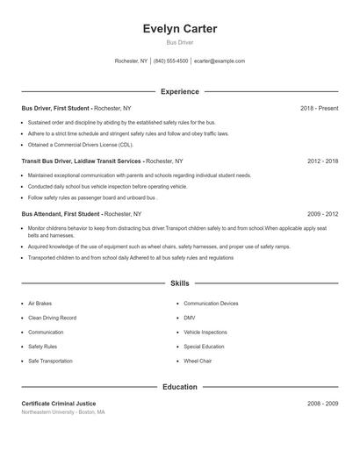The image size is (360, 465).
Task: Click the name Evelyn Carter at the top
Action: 180,29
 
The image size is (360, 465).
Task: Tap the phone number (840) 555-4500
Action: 170,61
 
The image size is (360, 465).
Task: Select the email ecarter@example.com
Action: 219,61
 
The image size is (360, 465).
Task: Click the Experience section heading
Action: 180,91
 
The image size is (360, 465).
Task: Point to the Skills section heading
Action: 180,283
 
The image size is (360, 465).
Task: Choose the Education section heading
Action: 180,386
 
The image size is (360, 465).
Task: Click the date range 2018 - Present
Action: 319,108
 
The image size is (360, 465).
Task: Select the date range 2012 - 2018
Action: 322,161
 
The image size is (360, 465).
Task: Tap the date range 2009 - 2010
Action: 322,213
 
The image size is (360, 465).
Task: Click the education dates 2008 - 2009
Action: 322,404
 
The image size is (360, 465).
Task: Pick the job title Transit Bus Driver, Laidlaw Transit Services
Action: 81,161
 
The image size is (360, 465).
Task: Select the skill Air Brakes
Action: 40,304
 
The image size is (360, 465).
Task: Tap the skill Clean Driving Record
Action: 52,318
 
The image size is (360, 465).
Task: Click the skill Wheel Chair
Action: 198,361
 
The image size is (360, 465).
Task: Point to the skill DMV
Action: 190,318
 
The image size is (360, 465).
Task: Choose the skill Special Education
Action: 204,347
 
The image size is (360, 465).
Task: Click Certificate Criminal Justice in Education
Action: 59,404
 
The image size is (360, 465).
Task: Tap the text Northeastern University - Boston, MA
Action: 63,411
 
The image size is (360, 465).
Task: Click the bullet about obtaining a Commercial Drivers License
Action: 81,144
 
